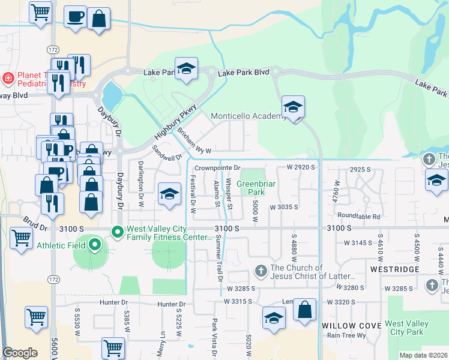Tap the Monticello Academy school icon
293,107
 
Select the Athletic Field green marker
94,244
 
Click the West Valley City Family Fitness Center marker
117,230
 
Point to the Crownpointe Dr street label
217,168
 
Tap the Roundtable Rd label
359,216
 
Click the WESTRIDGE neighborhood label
394,269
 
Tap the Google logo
20,353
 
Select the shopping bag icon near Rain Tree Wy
305,310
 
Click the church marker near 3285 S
261,271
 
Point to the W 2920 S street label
301,167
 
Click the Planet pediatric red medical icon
8,77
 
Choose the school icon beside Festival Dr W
170,194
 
